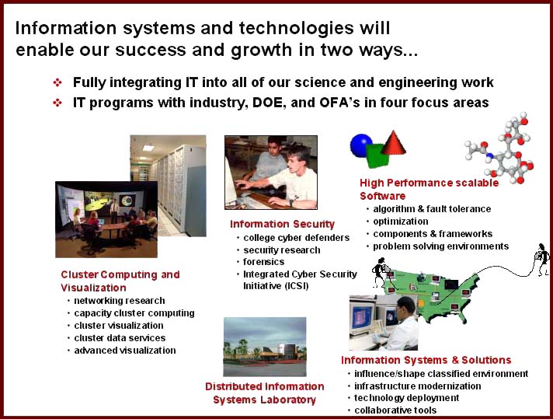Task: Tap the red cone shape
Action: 393,144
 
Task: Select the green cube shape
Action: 377,155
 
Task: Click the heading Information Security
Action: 282,224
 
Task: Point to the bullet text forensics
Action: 263,262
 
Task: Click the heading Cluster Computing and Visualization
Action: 120,281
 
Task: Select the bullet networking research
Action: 119,301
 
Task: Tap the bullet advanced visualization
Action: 125,351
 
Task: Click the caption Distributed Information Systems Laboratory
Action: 265,393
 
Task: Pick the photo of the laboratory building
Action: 265,347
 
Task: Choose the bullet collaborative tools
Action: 395,410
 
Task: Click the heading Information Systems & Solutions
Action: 426,360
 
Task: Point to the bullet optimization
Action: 401,222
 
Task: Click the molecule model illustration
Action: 499,148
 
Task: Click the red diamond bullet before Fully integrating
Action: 57,82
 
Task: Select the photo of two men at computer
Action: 271,173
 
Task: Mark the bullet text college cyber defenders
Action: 296,238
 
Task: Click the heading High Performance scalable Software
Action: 429,189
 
